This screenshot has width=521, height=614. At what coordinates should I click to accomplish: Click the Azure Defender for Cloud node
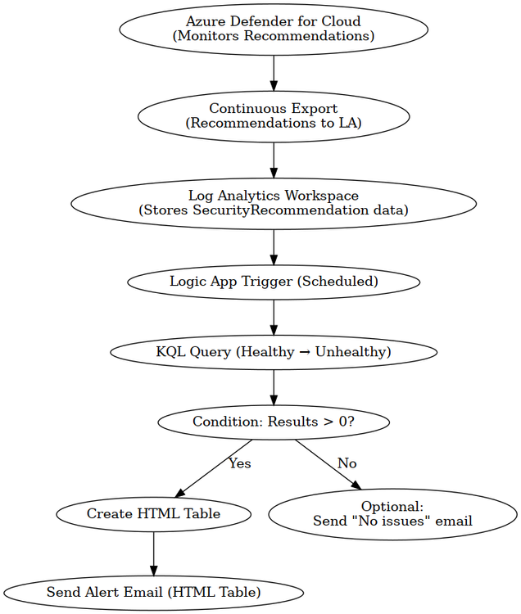pos(274,29)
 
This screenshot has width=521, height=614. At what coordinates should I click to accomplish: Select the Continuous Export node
pos(274,115)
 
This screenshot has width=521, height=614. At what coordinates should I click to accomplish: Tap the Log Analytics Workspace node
pos(274,202)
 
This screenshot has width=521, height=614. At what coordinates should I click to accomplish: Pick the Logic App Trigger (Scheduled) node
pos(274,282)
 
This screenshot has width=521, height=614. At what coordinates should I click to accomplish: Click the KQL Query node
pos(274,352)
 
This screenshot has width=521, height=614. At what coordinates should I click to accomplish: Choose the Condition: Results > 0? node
pos(274,422)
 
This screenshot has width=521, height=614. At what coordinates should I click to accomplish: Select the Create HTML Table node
pos(153,514)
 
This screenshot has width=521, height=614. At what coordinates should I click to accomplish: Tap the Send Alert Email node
pos(153,592)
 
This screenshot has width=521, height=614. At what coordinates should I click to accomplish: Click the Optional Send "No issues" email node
pos(392,513)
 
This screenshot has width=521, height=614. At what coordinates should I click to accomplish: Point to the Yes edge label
pos(239,464)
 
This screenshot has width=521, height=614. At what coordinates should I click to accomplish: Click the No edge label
pos(347,464)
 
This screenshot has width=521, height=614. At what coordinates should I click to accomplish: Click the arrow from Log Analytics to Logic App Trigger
pos(274,246)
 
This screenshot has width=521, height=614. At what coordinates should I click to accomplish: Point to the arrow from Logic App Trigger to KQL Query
pos(274,317)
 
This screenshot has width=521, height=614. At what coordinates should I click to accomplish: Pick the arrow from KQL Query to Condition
pos(274,387)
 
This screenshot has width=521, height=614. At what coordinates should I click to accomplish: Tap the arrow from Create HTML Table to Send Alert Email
pos(153,553)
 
